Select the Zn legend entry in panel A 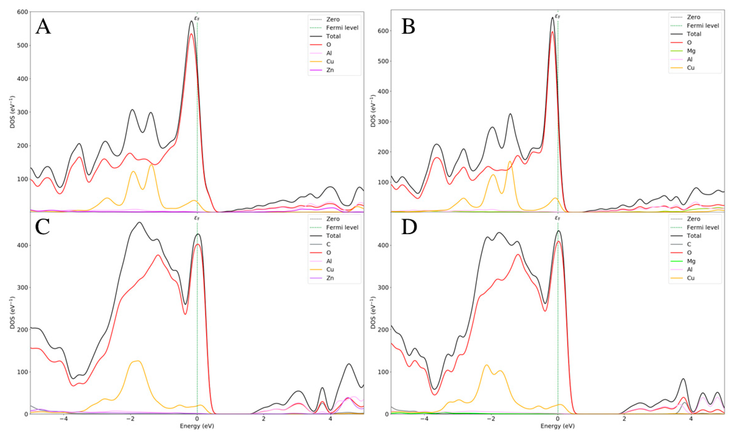(x=330, y=70)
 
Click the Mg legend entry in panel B (x=691, y=51)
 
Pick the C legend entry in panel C (x=328, y=244)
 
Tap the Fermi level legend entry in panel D (x=703, y=227)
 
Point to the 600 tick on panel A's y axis (x=23, y=12)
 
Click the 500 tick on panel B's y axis (x=384, y=61)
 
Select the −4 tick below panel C (x=63, y=419)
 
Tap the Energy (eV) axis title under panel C (x=197, y=426)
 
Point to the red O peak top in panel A (x=191, y=34)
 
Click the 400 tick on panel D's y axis (x=384, y=245)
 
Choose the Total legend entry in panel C (x=333, y=236)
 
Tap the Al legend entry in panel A (x=329, y=53)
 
